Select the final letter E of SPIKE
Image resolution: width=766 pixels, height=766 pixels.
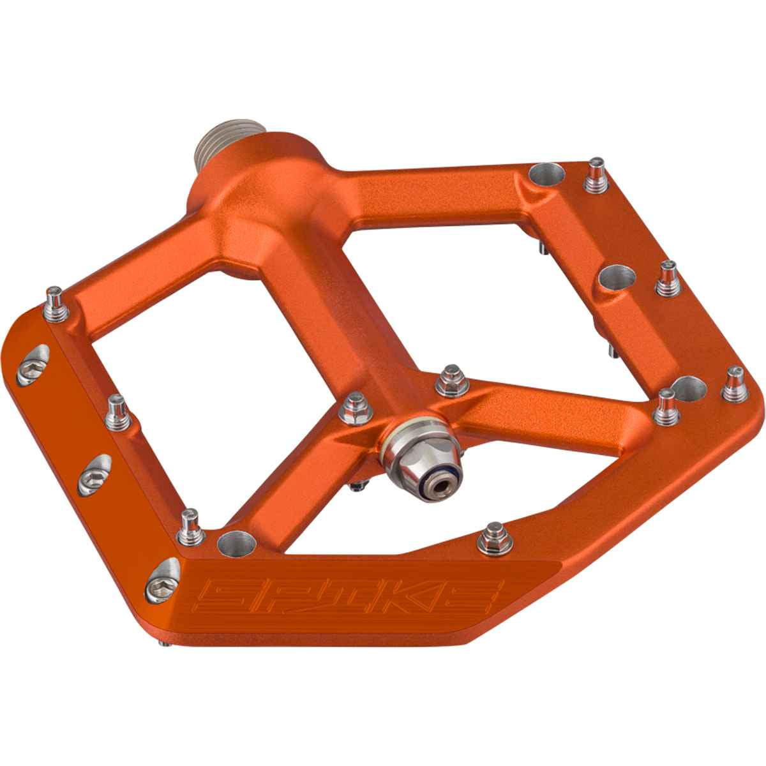(x=480, y=603)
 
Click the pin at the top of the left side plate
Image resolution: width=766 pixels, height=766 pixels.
(x=57, y=303)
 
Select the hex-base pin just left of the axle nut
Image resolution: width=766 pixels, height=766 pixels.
(x=353, y=410)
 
